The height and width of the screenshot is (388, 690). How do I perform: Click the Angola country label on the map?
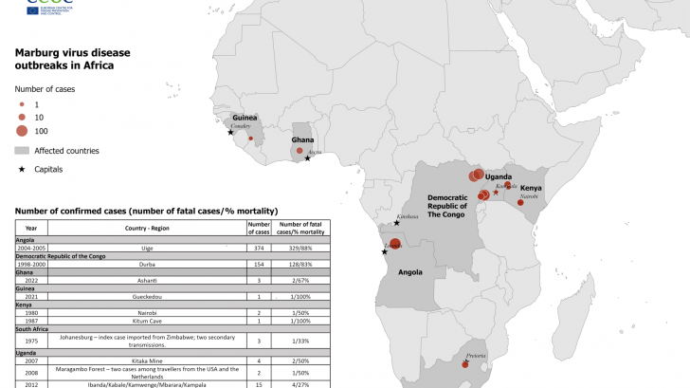(x=409, y=272)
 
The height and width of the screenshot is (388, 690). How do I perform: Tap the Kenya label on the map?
(x=531, y=188)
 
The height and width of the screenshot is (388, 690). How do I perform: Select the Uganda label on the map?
(x=499, y=176)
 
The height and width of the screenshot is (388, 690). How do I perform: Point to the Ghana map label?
(x=302, y=139)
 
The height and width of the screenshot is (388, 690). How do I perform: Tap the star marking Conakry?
(x=230, y=133)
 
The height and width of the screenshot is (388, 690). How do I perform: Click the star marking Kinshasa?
(x=396, y=223)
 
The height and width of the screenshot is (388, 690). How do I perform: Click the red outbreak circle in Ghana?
(x=300, y=151)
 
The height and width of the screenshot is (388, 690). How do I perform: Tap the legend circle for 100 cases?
(x=22, y=131)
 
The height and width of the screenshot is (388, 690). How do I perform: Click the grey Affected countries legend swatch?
(x=22, y=151)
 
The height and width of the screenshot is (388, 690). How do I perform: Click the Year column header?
(x=31, y=229)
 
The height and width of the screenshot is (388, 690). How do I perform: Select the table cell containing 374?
(x=259, y=248)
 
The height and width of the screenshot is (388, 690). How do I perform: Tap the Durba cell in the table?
(x=147, y=264)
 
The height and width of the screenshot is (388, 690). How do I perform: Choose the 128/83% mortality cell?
(x=301, y=264)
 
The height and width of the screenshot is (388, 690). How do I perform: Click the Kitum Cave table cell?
(x=147, y=322)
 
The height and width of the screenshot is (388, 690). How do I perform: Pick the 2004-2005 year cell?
(x=31, y=248)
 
